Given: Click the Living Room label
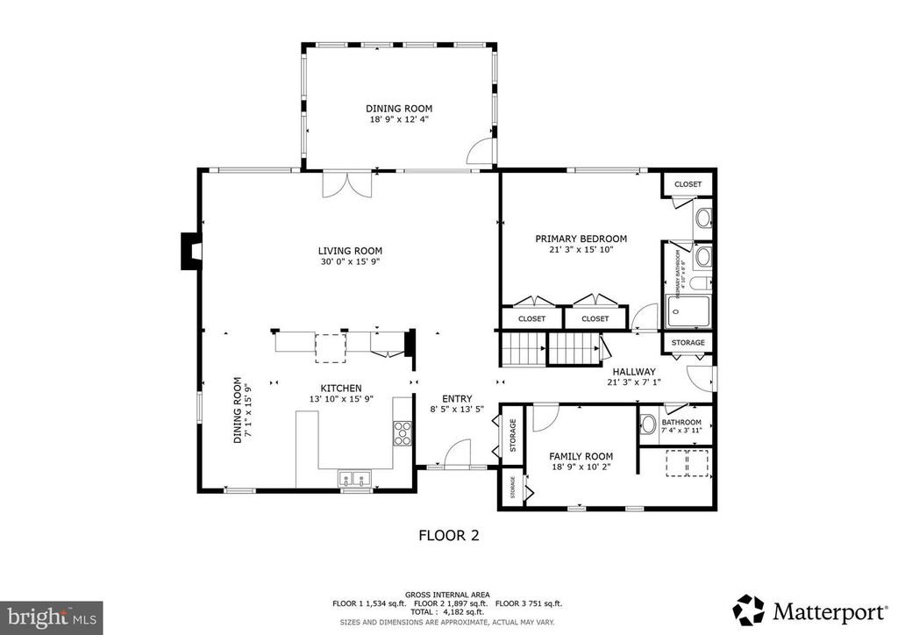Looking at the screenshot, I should (x=349, y=250).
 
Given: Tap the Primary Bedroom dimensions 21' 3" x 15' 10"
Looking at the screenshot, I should (x=581, y=249).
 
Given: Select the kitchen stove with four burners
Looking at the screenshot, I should (x=403, y=433).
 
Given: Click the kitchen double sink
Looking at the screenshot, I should (x=355, y=479).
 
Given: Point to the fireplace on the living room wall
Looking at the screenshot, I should (x=189, y=252).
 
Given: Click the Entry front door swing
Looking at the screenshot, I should (x=457, y=455).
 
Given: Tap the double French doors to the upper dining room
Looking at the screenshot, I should (x=348, y=186).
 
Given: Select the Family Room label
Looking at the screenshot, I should (x=581, y=456).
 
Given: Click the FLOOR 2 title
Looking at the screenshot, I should (x=448, y=534).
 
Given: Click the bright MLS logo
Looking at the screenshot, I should (x=51, y=617).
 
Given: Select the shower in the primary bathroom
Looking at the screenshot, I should (x=688, y=310).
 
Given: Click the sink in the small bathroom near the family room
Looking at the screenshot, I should (x=648, y=425).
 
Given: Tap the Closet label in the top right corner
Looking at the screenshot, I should (x=688, y=184).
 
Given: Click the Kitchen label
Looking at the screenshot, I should (x=341, y=388).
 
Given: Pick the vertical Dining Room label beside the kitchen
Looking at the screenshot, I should (x=242, y=410).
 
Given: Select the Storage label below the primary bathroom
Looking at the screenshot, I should (x=688, y=342).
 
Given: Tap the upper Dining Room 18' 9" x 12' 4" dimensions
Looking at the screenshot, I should (x=399, y=118).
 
